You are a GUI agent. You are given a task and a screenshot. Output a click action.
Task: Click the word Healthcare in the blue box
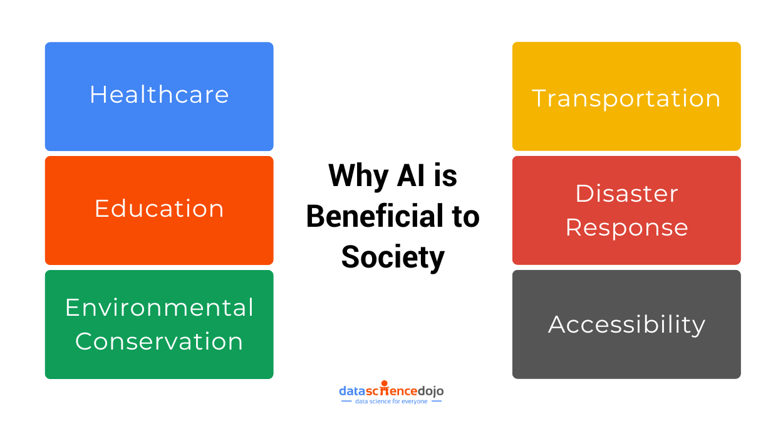click(159, 95)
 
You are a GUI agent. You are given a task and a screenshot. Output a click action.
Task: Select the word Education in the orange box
click(159, 209)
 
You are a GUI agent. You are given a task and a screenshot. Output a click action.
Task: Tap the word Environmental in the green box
click(159, 308)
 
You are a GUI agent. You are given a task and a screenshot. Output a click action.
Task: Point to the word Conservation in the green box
click(159, 341)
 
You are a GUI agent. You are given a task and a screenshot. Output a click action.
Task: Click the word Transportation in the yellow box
click(626, 98)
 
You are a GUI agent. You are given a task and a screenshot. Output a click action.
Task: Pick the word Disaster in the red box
click(626, 194)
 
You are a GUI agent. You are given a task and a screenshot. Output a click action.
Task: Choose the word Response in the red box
click(626, 227)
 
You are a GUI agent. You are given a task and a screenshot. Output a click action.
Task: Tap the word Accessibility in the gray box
click(626, 325)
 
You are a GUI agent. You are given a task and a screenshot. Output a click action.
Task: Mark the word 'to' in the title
click(466, 216)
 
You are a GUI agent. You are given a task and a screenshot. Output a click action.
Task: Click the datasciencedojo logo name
click(391, 391)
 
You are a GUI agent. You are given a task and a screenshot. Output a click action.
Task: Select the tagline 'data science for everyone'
click(391, 401)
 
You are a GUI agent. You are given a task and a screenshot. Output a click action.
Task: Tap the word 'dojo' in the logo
click(430, 391)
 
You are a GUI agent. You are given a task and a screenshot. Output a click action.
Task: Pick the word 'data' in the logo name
click(350, 391)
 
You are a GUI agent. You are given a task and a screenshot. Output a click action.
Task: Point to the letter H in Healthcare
click(96, 95)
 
